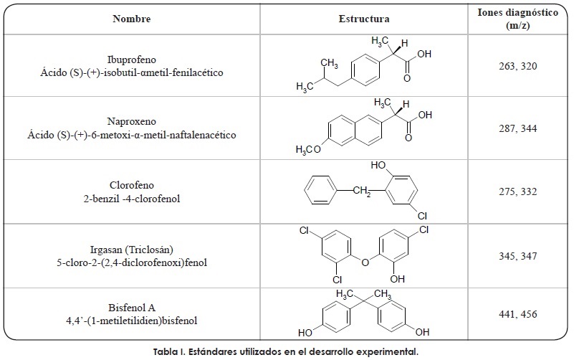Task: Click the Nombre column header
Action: point(132,19)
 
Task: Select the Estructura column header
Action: point(364,19)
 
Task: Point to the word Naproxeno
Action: point(132,123)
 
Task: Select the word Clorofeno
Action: point(132,185)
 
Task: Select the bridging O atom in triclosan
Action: point(365,261)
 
